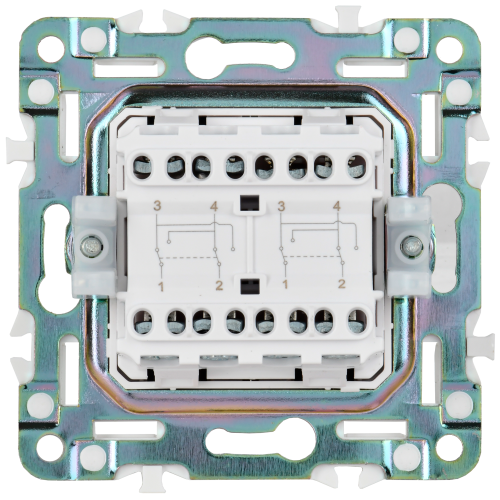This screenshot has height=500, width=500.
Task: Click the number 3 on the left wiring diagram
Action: tap(157, 205)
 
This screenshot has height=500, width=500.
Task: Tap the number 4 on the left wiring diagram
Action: tap(214, 205)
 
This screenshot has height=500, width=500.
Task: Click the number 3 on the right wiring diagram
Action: tap(283, 205)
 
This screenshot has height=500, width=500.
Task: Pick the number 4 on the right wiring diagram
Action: tap(340, 205)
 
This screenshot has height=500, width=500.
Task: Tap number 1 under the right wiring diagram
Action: tap(283, 286)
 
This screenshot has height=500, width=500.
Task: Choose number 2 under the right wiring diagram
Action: tap(340, 286)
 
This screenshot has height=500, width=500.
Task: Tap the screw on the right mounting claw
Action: tap(410, 245)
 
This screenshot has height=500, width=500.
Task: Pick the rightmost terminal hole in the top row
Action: tap(356, 165)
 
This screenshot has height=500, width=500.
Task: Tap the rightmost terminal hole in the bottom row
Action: tap(356, 321)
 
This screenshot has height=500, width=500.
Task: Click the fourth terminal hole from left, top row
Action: tap(235, 165)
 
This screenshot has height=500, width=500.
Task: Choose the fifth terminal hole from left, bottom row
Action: tap(265, 321)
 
